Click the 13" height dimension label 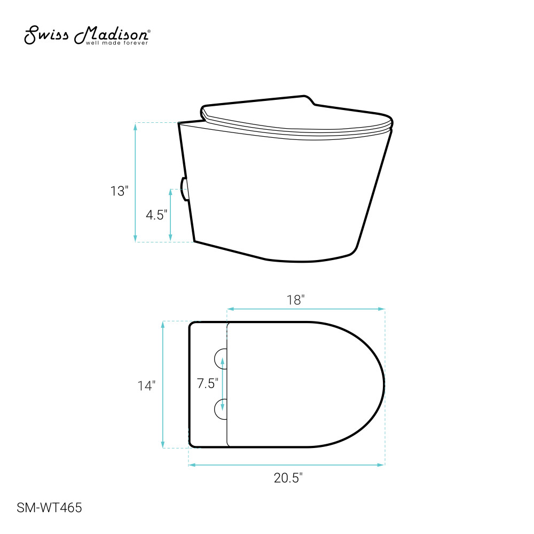[x=119, y=191]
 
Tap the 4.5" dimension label [x=156, y=215]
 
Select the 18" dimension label [x=295, y=300]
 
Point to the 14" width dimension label [x=146, y=386]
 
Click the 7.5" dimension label [x=207, y=383]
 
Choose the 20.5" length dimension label [x=288, y=478]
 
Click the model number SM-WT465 [x=49, y=508]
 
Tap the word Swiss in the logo [x=46, y=35]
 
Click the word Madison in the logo [x=112, y=35]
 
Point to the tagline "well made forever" [x=117, y=43]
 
